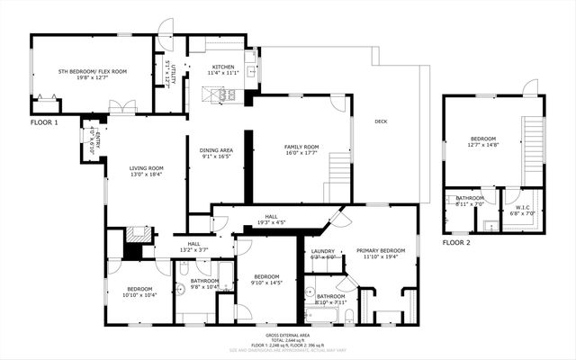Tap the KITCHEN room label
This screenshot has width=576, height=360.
click(222, 67)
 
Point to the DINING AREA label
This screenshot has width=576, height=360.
click(216, 150)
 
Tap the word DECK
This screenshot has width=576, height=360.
click(381, 121)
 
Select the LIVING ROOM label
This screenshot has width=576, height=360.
click(146, 167)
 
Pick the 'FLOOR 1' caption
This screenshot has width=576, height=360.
click(44, 121)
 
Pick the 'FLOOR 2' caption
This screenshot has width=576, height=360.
click(457, 243)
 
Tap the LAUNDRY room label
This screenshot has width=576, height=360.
click(322, 251)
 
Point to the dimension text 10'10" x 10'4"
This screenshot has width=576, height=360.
click(139, 294)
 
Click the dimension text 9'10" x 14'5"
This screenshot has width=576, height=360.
click(267, 282)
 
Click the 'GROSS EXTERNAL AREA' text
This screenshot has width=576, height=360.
click(289, 333)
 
